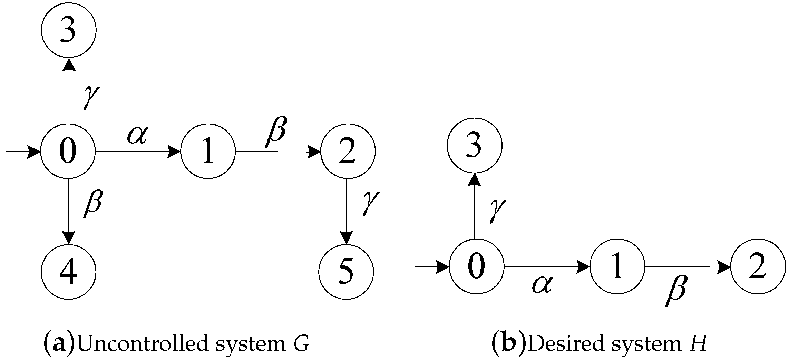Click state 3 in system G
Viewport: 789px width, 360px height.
(68, 30)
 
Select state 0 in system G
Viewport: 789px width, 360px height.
(68, 151)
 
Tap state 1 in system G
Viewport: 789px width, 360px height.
(208, 151)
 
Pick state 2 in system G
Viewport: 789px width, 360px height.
(348, 151)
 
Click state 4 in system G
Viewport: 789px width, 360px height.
(68, 272)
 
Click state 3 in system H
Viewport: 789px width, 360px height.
(474, 146)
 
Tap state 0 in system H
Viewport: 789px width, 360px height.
(476, 267)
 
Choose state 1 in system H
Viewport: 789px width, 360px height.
(617, 267)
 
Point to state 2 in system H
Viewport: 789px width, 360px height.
(758, 267)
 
